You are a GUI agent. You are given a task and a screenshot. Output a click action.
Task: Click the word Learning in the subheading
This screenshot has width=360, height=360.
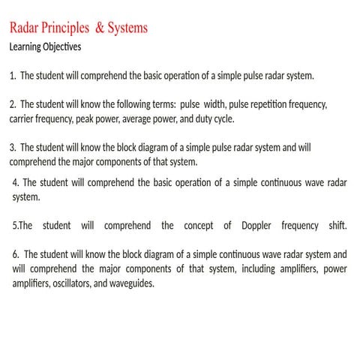click(27, 46)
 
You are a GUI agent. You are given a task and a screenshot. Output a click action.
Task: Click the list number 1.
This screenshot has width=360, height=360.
click(13, 76)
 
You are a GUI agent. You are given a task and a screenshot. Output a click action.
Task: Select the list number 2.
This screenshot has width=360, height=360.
click(13, 104)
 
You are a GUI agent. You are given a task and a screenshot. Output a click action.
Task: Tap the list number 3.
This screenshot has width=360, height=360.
click(13, 147)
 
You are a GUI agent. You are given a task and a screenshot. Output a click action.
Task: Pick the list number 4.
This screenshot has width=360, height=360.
click(17, 182)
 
